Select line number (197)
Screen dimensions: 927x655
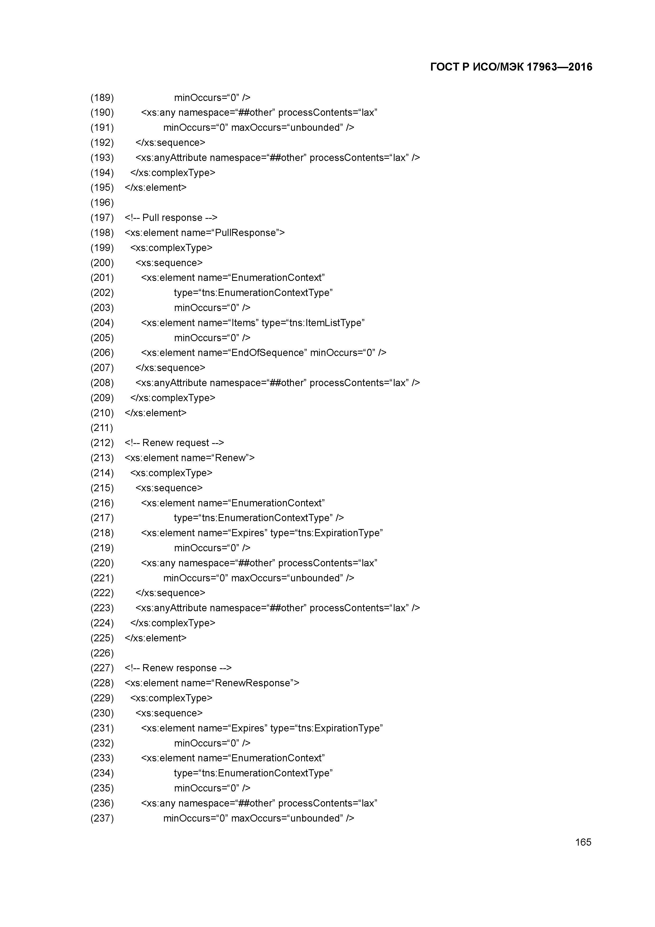point(102,218)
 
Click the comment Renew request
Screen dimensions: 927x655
point(176,443)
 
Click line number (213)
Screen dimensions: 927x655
point(102,458)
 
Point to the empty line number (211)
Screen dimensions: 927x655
point(102,428)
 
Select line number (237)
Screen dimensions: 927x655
point(102,818)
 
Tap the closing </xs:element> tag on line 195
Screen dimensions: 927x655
point(156,188)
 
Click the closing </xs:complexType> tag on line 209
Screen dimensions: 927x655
point(173,398)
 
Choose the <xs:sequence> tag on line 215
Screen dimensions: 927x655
point(169,488)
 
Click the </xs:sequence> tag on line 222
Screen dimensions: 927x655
point(170,593)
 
